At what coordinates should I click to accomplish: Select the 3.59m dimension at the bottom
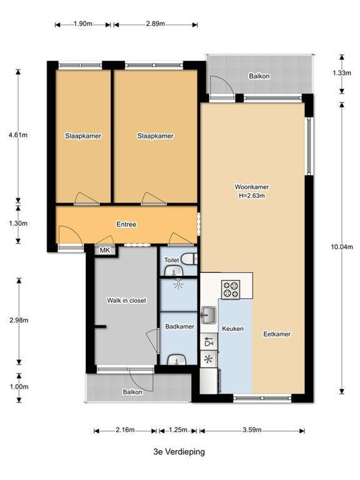pyautogui.click(x=252, y=430)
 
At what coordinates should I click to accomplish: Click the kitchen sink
pyautogui.click(x=208, y=316)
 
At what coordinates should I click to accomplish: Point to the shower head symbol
pyautogui.click(x=179, y=283)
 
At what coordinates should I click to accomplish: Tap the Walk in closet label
pyautogui.click(x=126, y=300)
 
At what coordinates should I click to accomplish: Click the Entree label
pyautogui.click(x=126, y=224)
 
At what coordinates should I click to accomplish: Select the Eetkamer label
pyautogui.click(x=277, y=334)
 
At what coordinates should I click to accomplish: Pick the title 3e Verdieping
pyautogui.click(x=179, y=452)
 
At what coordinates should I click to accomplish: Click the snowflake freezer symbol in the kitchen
pyautogui.click(x=208, y=359)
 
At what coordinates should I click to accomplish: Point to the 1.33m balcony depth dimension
pyautogui.click(x=342, y=74)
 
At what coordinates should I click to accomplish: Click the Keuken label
pyautogui.click(x=233, y=329)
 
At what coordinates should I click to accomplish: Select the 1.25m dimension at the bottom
pyautogui.click(x=178, y=430)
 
